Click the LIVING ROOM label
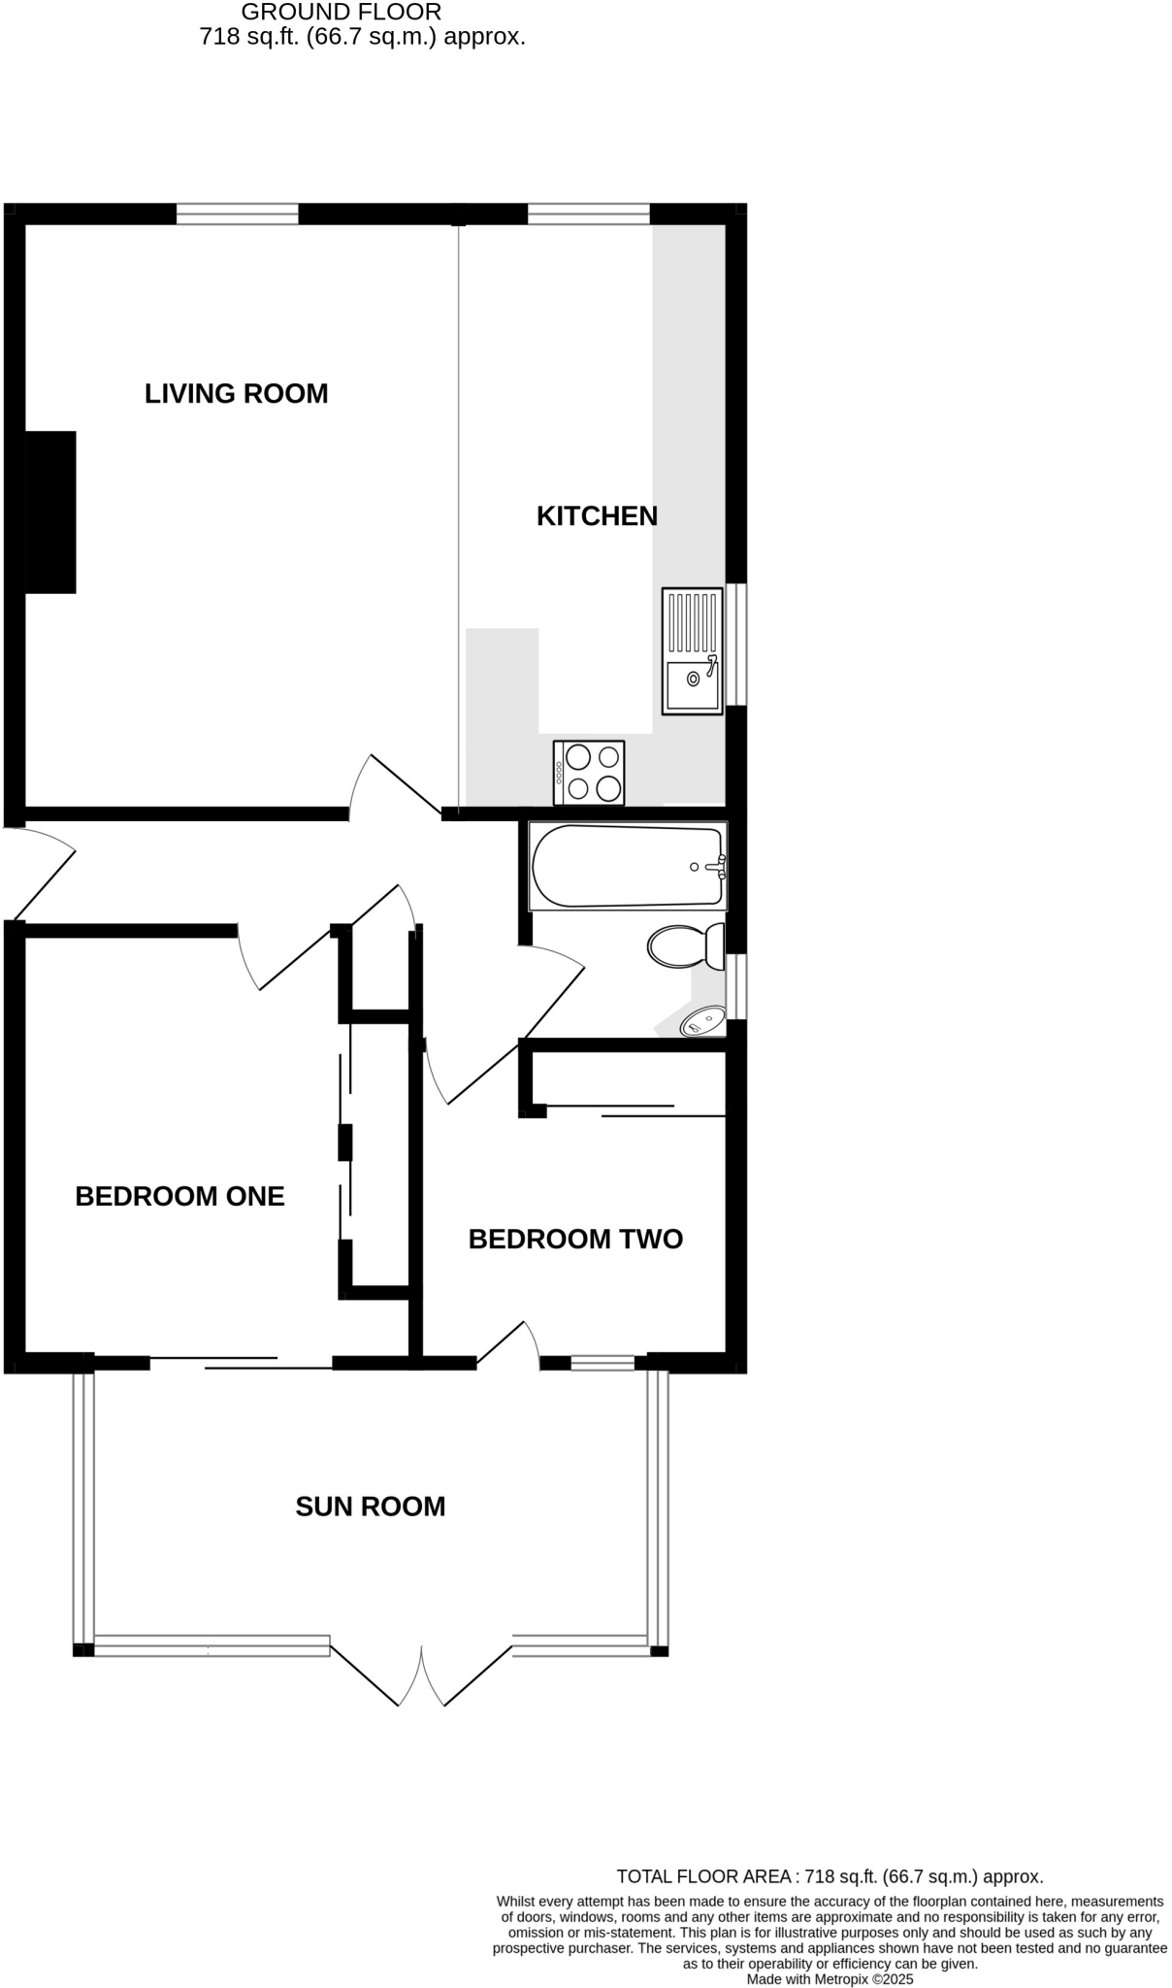pos(236,393)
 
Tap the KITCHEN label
pos(597,515)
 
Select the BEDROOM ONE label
pos(179,1196)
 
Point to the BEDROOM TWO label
pos(575,1239)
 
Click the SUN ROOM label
pos(370,1506)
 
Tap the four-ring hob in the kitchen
pos(589,773)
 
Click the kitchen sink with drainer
pos(692,650)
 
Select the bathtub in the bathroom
pos(627,866)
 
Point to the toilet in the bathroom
pos(685,945)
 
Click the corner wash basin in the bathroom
pos(702,1021)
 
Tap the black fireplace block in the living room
pos(50,512)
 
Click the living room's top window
pos(237,215)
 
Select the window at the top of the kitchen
pos(588,215)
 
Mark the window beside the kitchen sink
pos(737,643)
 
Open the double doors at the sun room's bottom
pos(422,1677)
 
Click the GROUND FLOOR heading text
pos(341,13)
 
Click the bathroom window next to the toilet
pos(737,986)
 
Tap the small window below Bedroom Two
pos(602,1363)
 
